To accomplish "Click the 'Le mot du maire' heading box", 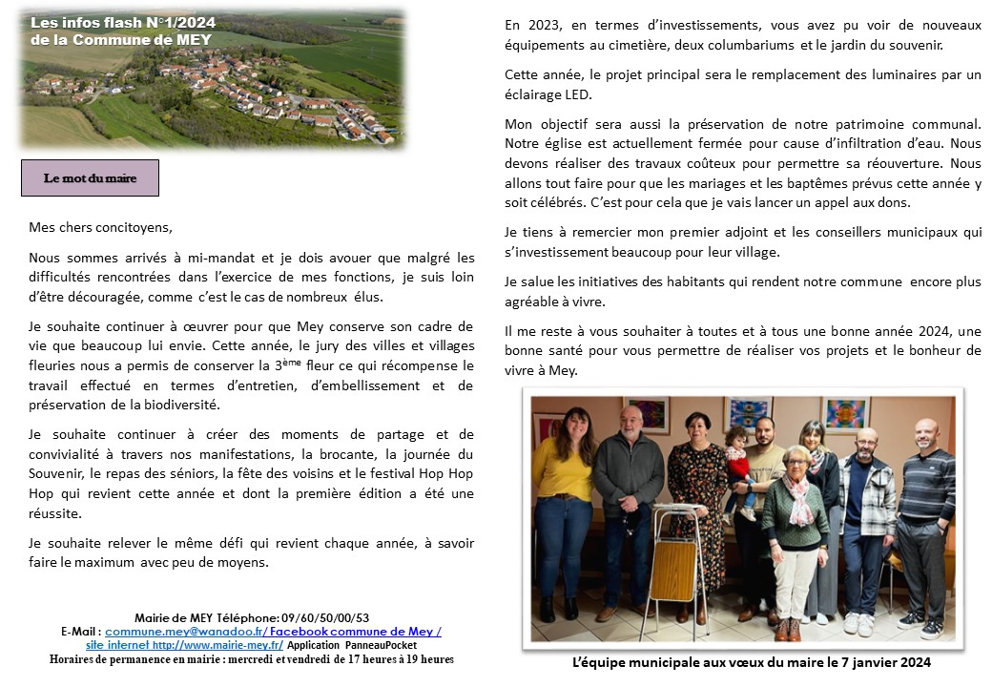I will click(90, 178).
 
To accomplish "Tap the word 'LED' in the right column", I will click(578, 94).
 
